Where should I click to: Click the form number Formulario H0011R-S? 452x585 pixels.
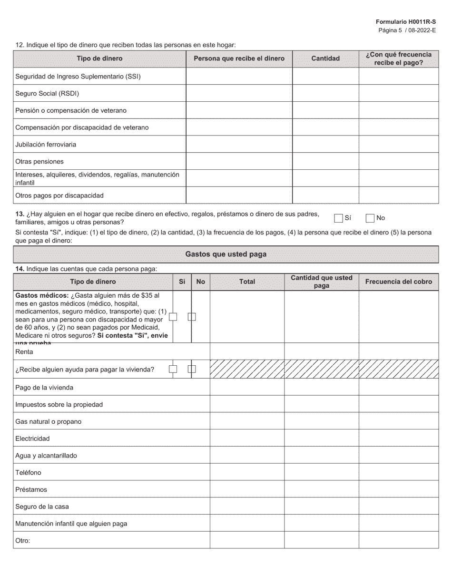pyautogui.click(x=405, y=22)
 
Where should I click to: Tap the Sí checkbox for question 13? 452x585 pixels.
pyautogui.click(x=338, y=218)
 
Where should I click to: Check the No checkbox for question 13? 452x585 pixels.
pyautogui.click(x=370, y=218)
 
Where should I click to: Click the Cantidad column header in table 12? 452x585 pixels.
pyautogui.click(x=325, y=58)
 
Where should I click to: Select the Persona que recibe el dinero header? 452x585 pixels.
pyautogui.click(x=239, y=58)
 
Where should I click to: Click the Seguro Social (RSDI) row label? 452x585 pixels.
pyautogui.click(x=47, y=93)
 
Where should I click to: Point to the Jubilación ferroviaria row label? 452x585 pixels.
pyautogui.click(x=46, y=144)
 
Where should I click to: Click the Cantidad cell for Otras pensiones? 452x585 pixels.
pyautogui.click(x=325, y=161)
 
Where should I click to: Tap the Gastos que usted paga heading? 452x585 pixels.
pyautogui.click(x=226, y=254)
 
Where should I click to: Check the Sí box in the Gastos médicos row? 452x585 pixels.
pyautogui.click(x=173, y=317)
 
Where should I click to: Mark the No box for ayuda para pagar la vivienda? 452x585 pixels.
pyautogui.click(x=192, y=369)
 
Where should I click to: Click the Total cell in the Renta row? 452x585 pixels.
pyautogui.click(x=247, y=351)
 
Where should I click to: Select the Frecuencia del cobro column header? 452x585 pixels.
pyautogui.click(x=398, y=282)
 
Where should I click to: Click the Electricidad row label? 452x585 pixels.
pyautogui.click(x=32, y=439)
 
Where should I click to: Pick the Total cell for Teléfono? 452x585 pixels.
pyautogui.click(x=247, y=472)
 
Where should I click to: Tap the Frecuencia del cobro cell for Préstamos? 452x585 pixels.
pyautogui.click(x=398, y=489)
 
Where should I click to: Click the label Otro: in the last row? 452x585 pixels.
pyautogui.click(x=22, y=540)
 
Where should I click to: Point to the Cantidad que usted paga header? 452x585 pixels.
pyautogui.click(x=321, y=282)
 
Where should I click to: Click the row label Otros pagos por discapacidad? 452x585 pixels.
pyautogui.click(x=59, y=195)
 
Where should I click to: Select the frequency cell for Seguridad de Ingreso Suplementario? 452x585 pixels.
pyautogui.click(x=398, y=76)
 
